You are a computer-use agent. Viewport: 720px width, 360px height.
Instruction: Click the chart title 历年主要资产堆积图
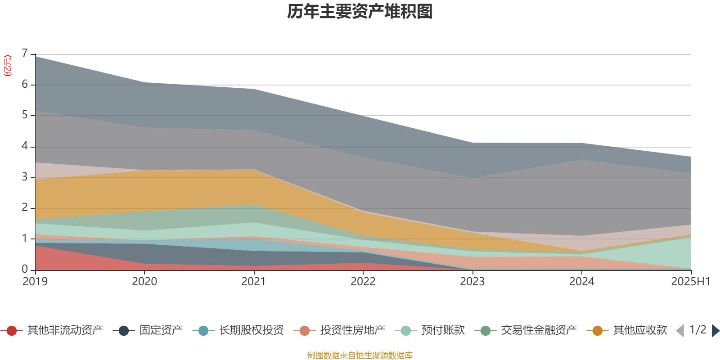pyautogui.click(x=360, y=12)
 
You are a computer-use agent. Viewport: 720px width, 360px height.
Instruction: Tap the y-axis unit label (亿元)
pyautogui.click(x=8, y=66)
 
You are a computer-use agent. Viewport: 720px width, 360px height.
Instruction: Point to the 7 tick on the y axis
pyautogui.click(x=25, y=54)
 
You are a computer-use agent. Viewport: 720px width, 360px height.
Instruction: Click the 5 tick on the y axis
pyautogui.click(x=25, y=115)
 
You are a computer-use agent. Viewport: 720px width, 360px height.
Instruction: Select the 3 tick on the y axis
pyautogui.click(x=25, y=177)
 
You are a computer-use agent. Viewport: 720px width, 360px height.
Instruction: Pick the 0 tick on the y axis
pyautogui.click(x=25, y=269)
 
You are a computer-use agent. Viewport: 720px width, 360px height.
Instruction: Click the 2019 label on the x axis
pyautogui.click(x=35, y=282)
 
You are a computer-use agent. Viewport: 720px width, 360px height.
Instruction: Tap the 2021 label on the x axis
pyautogui.click(x=254, y=282)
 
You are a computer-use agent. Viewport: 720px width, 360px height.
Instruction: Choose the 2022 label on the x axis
pyautogui.click(x=363, y=282)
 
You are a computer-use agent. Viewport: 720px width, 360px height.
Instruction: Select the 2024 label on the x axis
pyautogui.click(x=581, y=282)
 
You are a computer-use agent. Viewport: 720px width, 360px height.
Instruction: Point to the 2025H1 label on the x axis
pyautogui.click(x=690, y=282)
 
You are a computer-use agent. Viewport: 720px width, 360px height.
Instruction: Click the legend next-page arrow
pyautogui.click(x=715, y=331)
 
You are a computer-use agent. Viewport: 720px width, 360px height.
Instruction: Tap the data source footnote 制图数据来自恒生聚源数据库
pyautogui.click(x=360, y=355)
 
